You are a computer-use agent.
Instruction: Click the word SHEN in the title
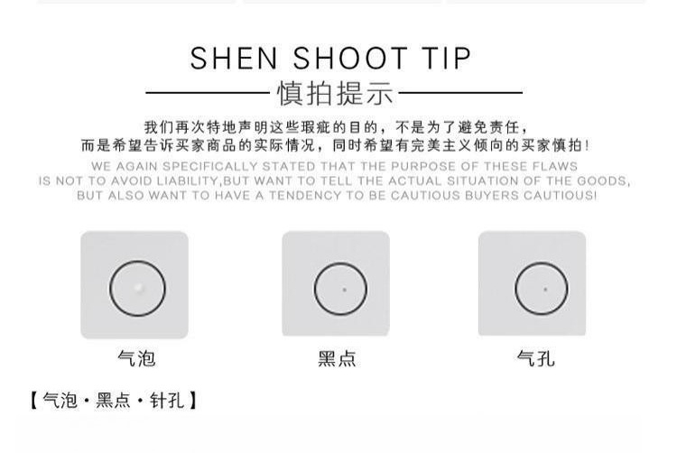pos(234,59)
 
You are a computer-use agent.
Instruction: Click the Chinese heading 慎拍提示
pos(335,93)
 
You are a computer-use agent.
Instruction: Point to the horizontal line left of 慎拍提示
pos(208,92)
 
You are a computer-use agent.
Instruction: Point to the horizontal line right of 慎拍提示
pos(460,92)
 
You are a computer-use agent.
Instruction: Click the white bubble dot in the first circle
pos(138,287)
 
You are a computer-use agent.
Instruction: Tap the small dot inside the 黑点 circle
pos(344,290)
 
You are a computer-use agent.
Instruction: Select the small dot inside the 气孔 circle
pos(545,290)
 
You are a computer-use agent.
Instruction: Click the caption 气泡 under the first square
pos(136,358)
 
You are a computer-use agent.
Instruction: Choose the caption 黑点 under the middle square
pos(337,358)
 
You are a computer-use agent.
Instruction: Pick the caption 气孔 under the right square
pos(536,358)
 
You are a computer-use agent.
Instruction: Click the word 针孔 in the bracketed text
pos(167,401)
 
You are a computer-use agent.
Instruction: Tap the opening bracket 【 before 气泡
pos(34,401)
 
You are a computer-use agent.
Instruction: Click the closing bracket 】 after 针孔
pos(192,401)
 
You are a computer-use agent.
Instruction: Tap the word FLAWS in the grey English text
pos(555,166)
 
